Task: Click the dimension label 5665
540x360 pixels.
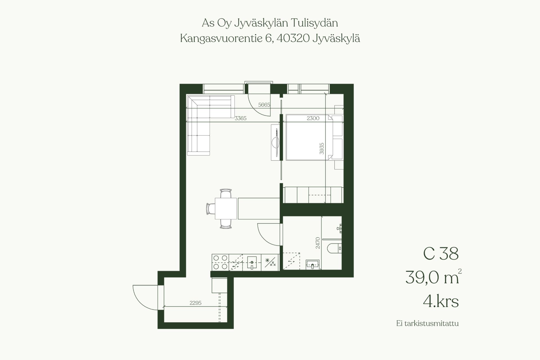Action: click(264, 105)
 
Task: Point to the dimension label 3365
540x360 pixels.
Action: click(240, 118)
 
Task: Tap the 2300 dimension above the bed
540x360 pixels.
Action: click(313, 118)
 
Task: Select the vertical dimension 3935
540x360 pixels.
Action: click(322, 149)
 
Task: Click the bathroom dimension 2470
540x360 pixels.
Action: click(318, 243)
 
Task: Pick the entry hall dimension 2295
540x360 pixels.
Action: click(195, 303)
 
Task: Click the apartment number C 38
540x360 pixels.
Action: click(441, 254)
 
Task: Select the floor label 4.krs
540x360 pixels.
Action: click(441, 301)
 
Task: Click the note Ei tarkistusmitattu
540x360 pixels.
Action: click(427, 323)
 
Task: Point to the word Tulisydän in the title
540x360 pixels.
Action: click(314, 23)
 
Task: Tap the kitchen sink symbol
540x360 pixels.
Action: click(252, 263)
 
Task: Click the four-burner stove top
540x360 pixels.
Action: click(220, 262)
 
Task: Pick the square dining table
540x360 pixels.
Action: click(226, 208)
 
